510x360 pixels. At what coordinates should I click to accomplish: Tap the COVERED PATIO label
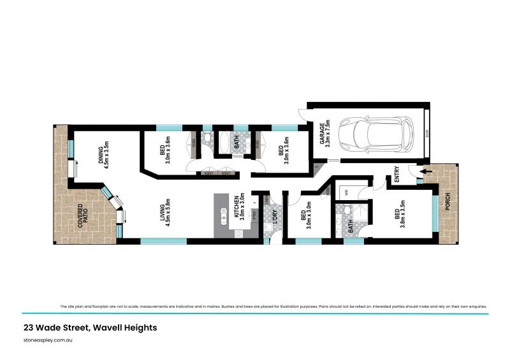click(x=84, y=216)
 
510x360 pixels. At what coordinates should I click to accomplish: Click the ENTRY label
click(x=397, y=175)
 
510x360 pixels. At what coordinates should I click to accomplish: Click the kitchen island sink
click(x=224, y=215)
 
